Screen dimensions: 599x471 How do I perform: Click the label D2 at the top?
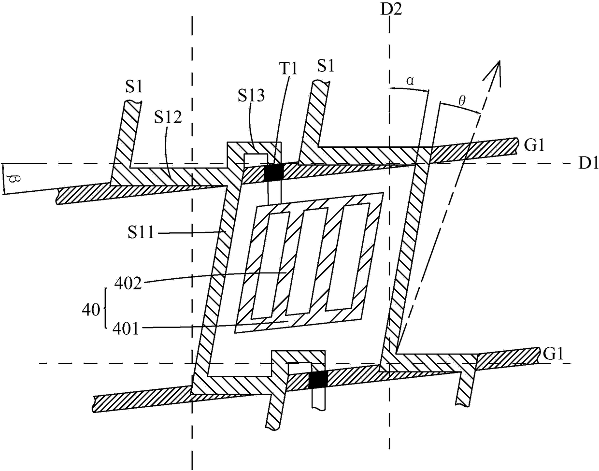click(x=391, y=10)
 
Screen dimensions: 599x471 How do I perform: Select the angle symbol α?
click(x=410, y=81)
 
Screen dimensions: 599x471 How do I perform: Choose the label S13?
click(x=251, y=96)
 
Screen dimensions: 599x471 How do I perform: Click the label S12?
click(x=168, y=117)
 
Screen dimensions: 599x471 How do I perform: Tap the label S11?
click(x=141, y=232)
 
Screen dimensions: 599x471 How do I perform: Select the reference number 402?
click(x=128, y=284)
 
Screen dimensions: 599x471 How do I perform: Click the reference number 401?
click(x=126, y=329)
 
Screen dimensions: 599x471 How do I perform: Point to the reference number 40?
click(x=91, y=309)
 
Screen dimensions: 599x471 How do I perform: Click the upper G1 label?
click(x=534, y=145)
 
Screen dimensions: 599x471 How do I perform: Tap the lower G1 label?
click(x=553, y=354)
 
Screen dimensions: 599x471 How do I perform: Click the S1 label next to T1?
click(x=326, y=66)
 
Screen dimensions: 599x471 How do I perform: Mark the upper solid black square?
click(x=273, y=172)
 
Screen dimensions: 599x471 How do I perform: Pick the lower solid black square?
click(x=318, y=379)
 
